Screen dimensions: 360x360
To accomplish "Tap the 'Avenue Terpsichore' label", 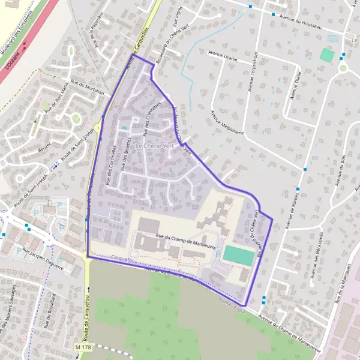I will [253, 72].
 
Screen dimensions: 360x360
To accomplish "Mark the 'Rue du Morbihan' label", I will [88, 88].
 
